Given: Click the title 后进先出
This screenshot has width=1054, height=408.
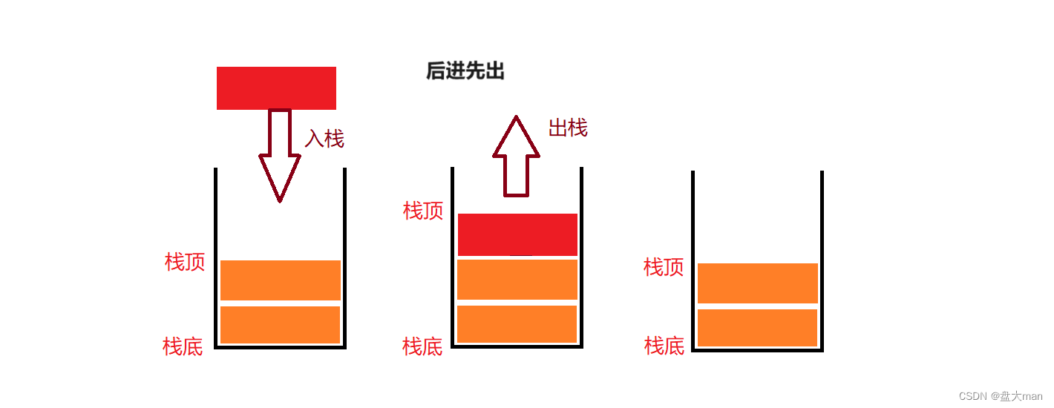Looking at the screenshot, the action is pos(465,71).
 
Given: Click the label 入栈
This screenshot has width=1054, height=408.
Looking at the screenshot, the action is pos(324,139).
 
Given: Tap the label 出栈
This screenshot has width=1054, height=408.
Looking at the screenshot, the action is pos(568,128).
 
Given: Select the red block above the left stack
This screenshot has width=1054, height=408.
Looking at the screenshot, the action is pos(276,88).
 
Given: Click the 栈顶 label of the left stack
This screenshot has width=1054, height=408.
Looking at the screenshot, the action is pos(185,262).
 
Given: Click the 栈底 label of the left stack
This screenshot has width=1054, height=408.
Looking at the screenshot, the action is pos(183,346).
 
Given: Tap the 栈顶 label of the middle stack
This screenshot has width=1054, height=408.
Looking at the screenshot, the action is pos(423,211).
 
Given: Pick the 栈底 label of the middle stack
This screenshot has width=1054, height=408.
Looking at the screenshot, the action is pos(422,346).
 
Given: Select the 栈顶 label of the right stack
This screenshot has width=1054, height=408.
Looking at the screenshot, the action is pos(664,267).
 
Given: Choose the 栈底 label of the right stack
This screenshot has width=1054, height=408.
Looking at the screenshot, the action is pos(664,346).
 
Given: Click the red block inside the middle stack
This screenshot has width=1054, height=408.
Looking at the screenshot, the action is pos(517,234).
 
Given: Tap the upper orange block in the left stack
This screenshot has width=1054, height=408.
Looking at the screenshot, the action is pos(281,280).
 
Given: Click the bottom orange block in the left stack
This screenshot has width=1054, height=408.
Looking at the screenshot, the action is pos(281,325).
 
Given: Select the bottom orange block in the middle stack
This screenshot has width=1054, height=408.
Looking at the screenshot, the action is pos(517,324).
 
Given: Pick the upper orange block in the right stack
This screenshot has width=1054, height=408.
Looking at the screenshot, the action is pos(758,283).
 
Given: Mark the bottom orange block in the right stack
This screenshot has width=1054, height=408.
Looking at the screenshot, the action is pos(758,328).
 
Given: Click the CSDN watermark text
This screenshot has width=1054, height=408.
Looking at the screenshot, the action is pos(1000,396).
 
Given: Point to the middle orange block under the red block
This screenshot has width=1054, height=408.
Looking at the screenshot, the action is pos(517,279).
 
